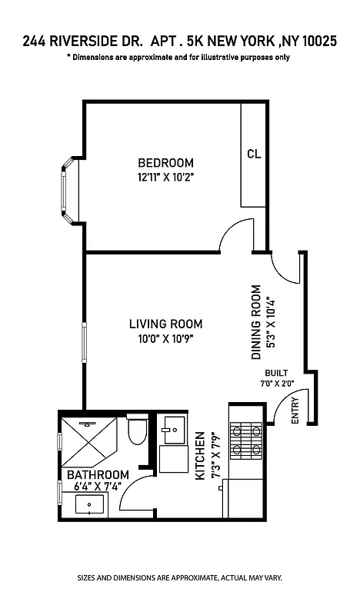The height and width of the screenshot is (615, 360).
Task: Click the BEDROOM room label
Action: pyautogui.click(x=165, y=163)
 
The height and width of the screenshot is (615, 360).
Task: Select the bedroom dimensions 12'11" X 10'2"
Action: pyautogui.click(x=165, y=177)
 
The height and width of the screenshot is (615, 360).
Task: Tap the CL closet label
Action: pyautogui.click(x=254, y=154)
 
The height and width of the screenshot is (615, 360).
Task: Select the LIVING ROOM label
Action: pyautogui.click(x=165, y=324)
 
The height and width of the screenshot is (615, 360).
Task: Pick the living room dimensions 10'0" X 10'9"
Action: pyautogui.click(x=165, y=338)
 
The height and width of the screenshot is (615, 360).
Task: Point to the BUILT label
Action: pyautogui.click(x=276, y=373)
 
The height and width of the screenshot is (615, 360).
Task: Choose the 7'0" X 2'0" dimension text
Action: pyautogui.click(x=276, y=383)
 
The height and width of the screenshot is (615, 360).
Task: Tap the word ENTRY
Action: pyautogui.click(x=295, y=416)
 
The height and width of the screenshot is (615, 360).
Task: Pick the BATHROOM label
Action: pyautogui.click(x=97, y=475)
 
